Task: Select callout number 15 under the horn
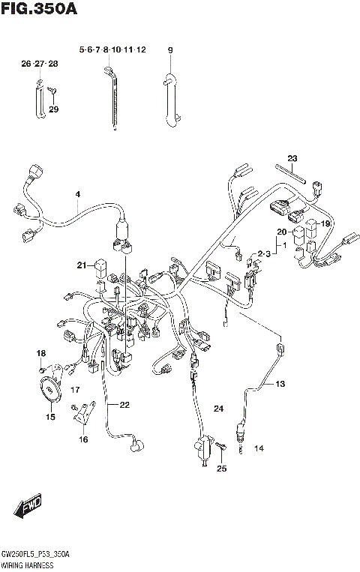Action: tap(51, 418)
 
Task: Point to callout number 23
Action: tap(292, 158)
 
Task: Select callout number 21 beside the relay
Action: tap(81, 264)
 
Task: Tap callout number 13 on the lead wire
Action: tap(279, 384)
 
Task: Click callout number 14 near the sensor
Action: tap(259, 449)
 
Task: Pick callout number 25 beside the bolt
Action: tap(220, 469)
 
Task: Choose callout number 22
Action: tap(124, 405)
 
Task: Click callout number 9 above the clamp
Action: tap(170, 49)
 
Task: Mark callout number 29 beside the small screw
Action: tap(53, 110)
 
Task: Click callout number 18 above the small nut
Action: tap(41, 353)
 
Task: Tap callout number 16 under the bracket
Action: tap(82, 441)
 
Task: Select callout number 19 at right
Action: tap(326, 223)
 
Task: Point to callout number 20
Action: tap(281, 232)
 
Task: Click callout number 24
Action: tap(218, 409)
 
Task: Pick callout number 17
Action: tap(75, 391)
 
